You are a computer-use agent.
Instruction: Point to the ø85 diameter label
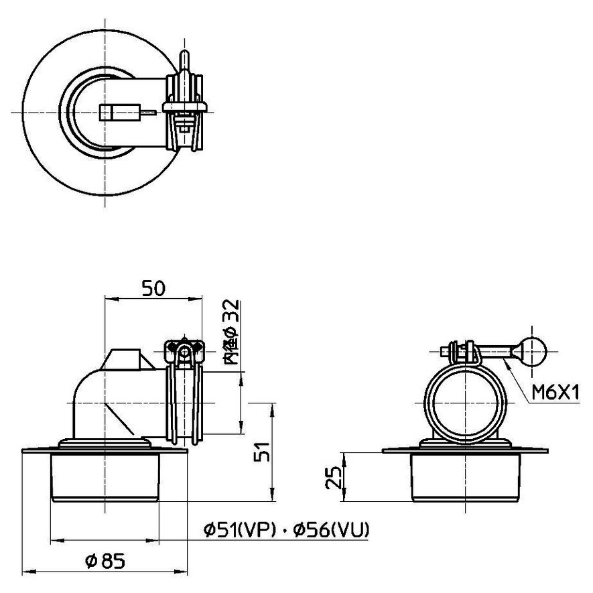107,559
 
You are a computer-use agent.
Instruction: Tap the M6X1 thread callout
555,392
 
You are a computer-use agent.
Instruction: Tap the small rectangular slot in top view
110,112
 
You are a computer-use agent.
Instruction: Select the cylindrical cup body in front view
107,477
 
